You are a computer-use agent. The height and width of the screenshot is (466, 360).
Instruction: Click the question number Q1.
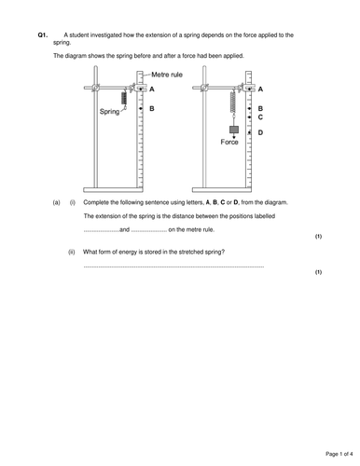tap(43, 34)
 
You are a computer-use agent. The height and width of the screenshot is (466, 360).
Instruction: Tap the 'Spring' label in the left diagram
tap(110, 111)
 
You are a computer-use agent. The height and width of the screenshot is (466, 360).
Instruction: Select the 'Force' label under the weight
tap(229, 142)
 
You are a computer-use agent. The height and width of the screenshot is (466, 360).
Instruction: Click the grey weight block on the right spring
tap(233, 130)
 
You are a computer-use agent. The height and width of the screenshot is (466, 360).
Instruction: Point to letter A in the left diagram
tap(152, 89)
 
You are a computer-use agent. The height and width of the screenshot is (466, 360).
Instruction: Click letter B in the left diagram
tap(152, 108)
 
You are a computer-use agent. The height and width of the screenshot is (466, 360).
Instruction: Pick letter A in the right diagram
tap(260, 89)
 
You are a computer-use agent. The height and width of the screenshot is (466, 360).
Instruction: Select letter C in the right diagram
tap(260, 117)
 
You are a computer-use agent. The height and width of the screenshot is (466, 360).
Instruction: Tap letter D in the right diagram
tap(260, 133)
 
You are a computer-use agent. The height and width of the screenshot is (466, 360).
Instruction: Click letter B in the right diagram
tap(260, 108)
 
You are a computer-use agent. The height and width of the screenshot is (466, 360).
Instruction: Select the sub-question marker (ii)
tap(72, 252)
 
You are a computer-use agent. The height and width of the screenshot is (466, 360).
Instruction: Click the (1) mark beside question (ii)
tap(318, 271)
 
